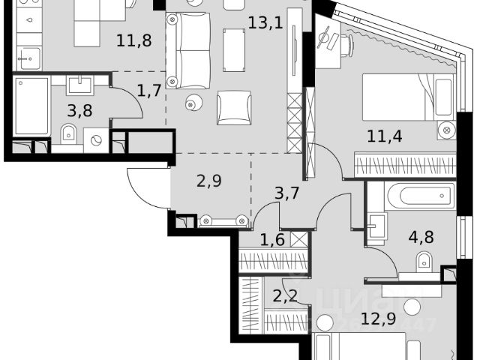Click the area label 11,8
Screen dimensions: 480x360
(134, 40)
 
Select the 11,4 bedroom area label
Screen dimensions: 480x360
(383, 136)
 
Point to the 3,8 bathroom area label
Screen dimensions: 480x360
(81, 112)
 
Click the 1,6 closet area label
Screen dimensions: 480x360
(271, 241)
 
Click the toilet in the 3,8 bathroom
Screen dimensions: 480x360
(69, 135)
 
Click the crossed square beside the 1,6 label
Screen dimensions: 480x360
(299, 241)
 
